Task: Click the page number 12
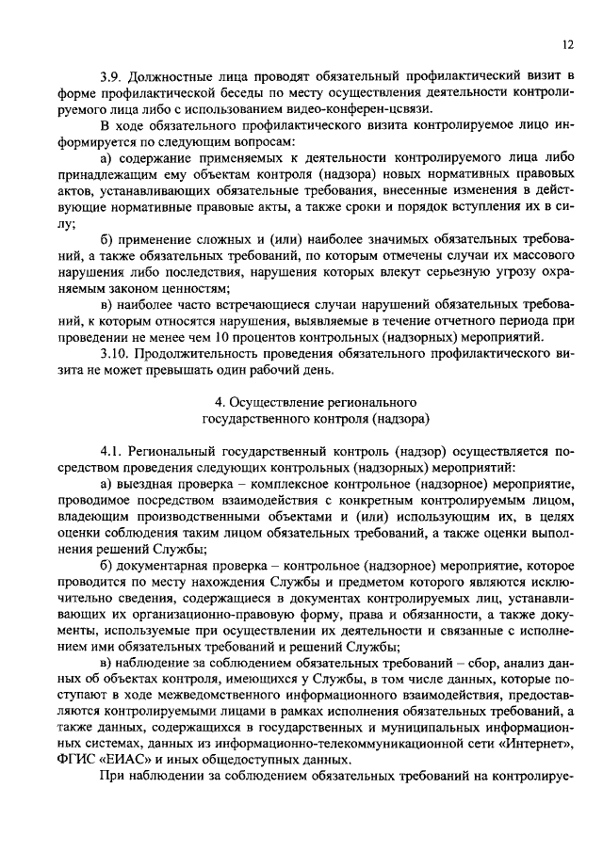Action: pos(566,43)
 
